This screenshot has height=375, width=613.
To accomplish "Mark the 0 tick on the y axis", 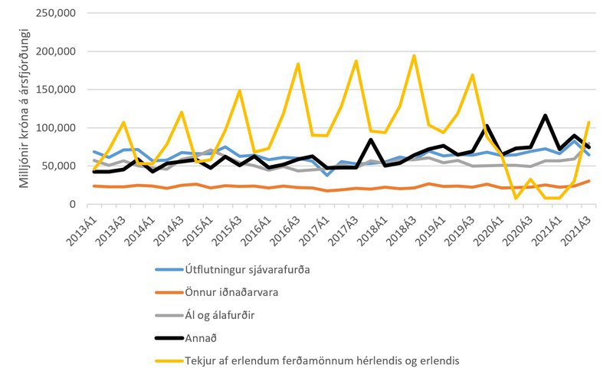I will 70,204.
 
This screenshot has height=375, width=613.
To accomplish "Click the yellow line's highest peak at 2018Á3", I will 414,56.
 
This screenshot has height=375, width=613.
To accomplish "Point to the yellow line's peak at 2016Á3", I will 297,64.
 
